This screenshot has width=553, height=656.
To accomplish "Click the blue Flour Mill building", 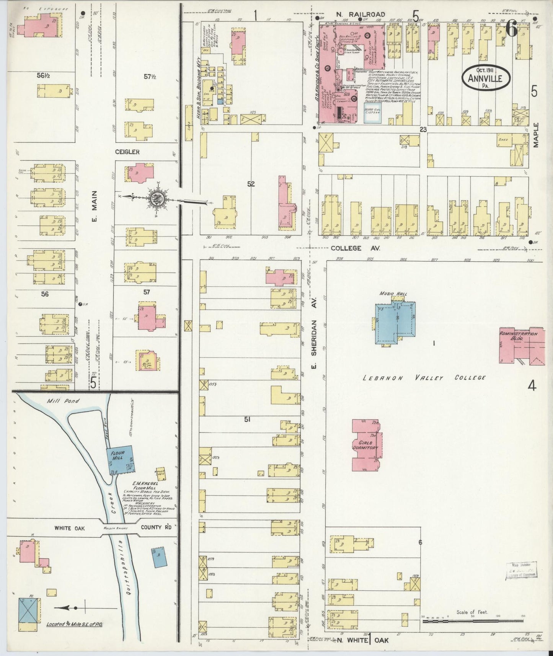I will [119, 460].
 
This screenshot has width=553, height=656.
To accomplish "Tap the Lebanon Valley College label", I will [424, 378].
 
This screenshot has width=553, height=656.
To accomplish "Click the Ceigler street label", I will [127, 152].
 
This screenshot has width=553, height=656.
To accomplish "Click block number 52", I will [251, 184].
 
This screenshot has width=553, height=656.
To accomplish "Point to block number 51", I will [247, 419].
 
